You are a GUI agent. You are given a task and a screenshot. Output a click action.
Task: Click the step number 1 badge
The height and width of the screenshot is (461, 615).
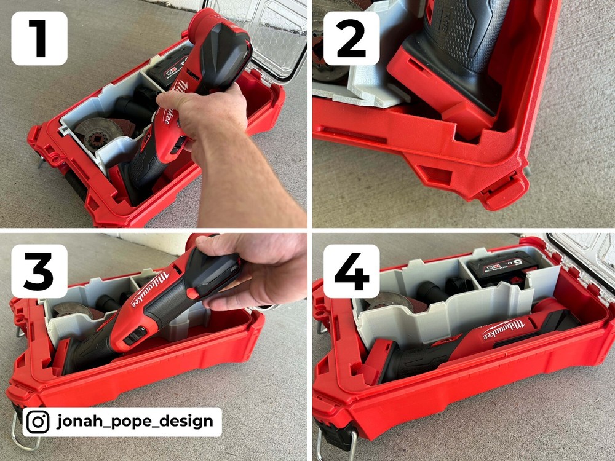(39, 38)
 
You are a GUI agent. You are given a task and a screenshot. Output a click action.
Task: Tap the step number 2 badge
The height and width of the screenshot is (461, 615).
(351, 37)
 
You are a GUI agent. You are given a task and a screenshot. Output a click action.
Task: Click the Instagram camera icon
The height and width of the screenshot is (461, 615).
(38, 422)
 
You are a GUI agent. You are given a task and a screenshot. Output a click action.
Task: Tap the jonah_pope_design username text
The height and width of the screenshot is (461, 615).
(135, 422)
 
